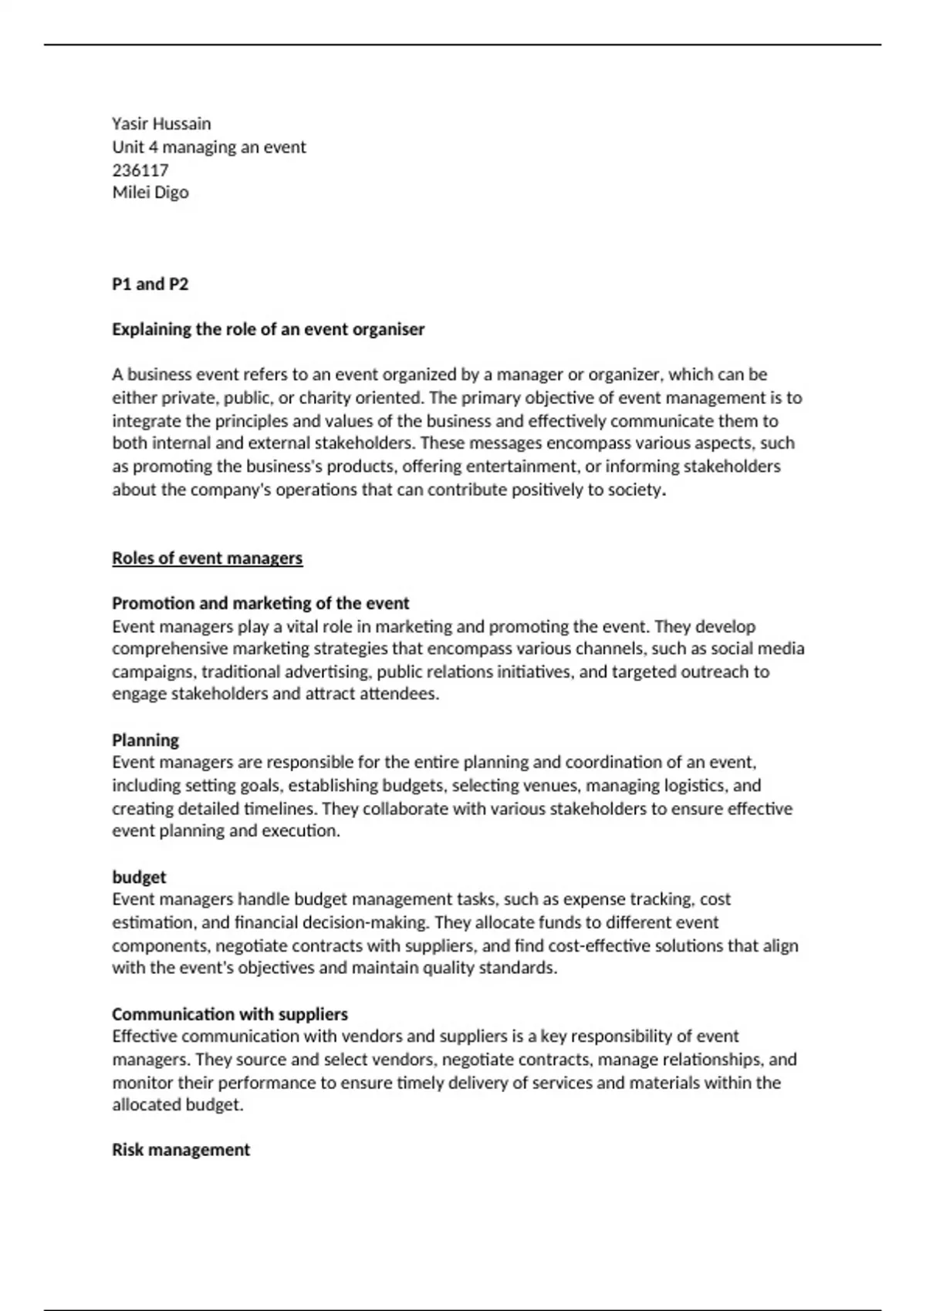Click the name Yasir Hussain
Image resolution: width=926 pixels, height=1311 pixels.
tap(161, 123)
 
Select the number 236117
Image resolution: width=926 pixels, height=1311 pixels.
tap(140, 170)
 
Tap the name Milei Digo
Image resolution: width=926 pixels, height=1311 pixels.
tap(150, 192)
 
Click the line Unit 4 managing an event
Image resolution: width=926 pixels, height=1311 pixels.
tap(209, 147)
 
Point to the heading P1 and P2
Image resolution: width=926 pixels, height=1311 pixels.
tap(150, 284)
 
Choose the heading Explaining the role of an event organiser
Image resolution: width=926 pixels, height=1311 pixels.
tap(269, 329)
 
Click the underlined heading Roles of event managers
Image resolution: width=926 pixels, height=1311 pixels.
tap(208, 558)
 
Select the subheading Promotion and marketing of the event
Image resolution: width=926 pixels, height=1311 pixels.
tap(261, 603)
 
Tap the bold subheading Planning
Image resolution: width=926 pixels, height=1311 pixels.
tap(146, 740)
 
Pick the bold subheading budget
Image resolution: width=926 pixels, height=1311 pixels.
tap(139, 877)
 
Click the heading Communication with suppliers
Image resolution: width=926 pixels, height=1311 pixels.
tap(230, 1014)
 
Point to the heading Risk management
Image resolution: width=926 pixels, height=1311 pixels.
tap(181, 1150)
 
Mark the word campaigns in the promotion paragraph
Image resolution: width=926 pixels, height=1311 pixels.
tap(153, 672)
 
